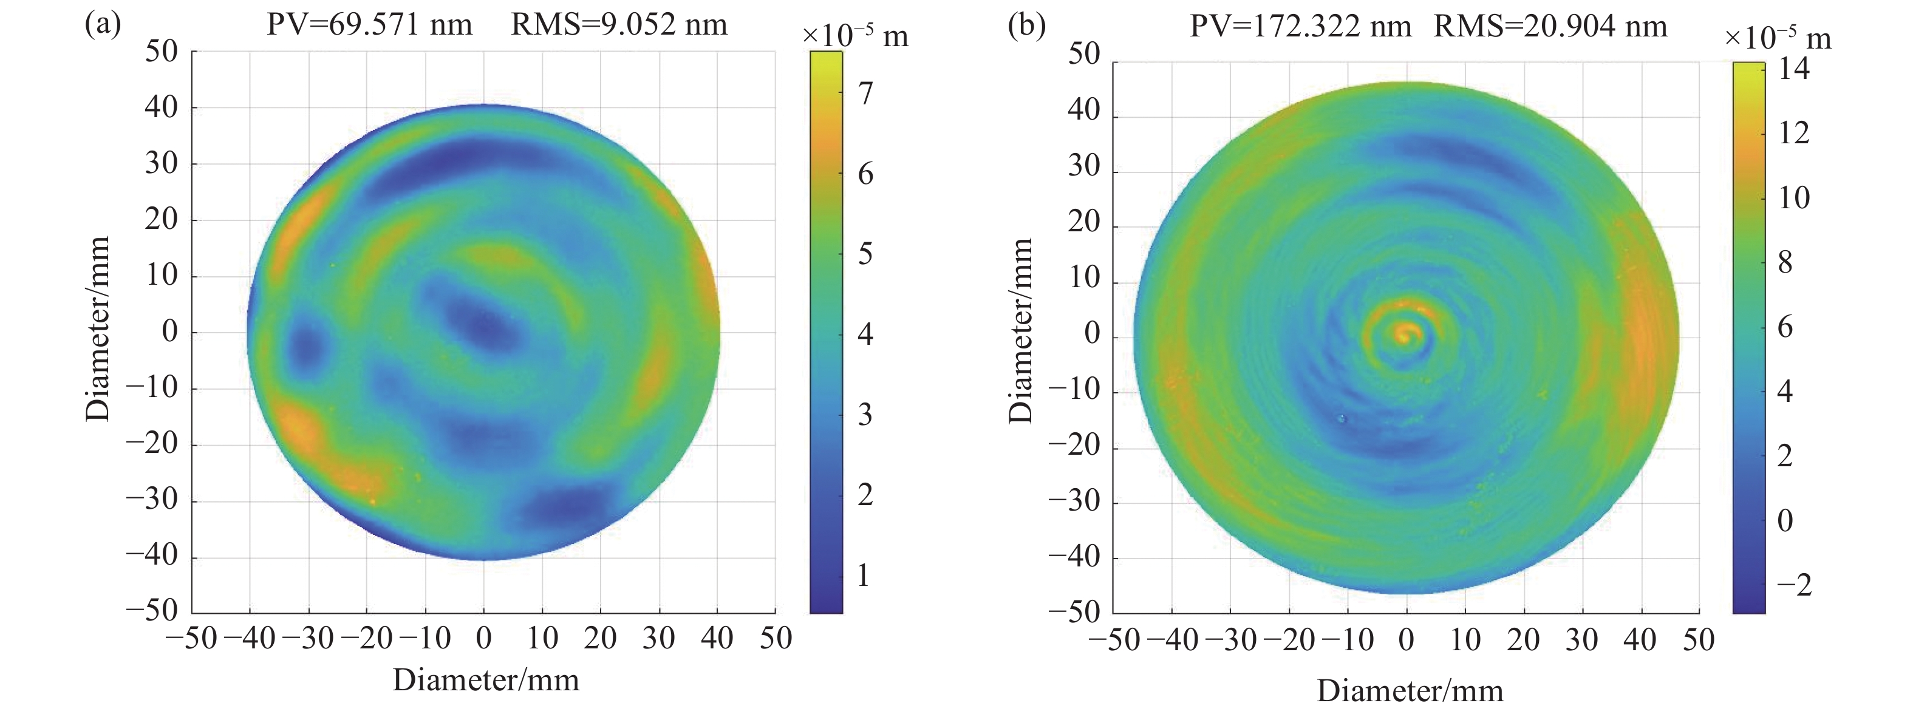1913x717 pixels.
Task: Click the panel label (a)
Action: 103,25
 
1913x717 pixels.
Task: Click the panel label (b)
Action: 1026,25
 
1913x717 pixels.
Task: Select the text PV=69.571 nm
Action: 369,25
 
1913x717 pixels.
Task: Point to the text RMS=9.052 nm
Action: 619,25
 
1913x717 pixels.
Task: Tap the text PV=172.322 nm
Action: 1300,27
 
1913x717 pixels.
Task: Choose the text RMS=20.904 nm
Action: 1550,27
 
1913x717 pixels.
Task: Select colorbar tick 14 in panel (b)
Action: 1793,69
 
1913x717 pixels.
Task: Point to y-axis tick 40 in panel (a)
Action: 161,107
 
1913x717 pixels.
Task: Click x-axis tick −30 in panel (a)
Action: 306,638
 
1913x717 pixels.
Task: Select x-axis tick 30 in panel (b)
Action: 1582,640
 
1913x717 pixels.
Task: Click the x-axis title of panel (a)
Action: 486,680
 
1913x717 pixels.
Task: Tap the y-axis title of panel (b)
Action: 1022,331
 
